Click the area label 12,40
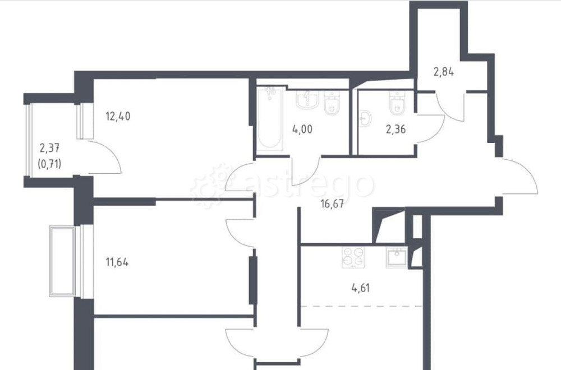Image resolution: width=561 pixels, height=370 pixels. coord(118,117)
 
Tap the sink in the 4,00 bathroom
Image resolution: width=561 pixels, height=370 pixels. coord(307,100)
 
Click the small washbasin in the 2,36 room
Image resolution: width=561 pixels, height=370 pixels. coord(366,118)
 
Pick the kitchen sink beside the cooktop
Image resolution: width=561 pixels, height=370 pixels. coord(397,257)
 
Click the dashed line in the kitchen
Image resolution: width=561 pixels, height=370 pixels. coord(362,306)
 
